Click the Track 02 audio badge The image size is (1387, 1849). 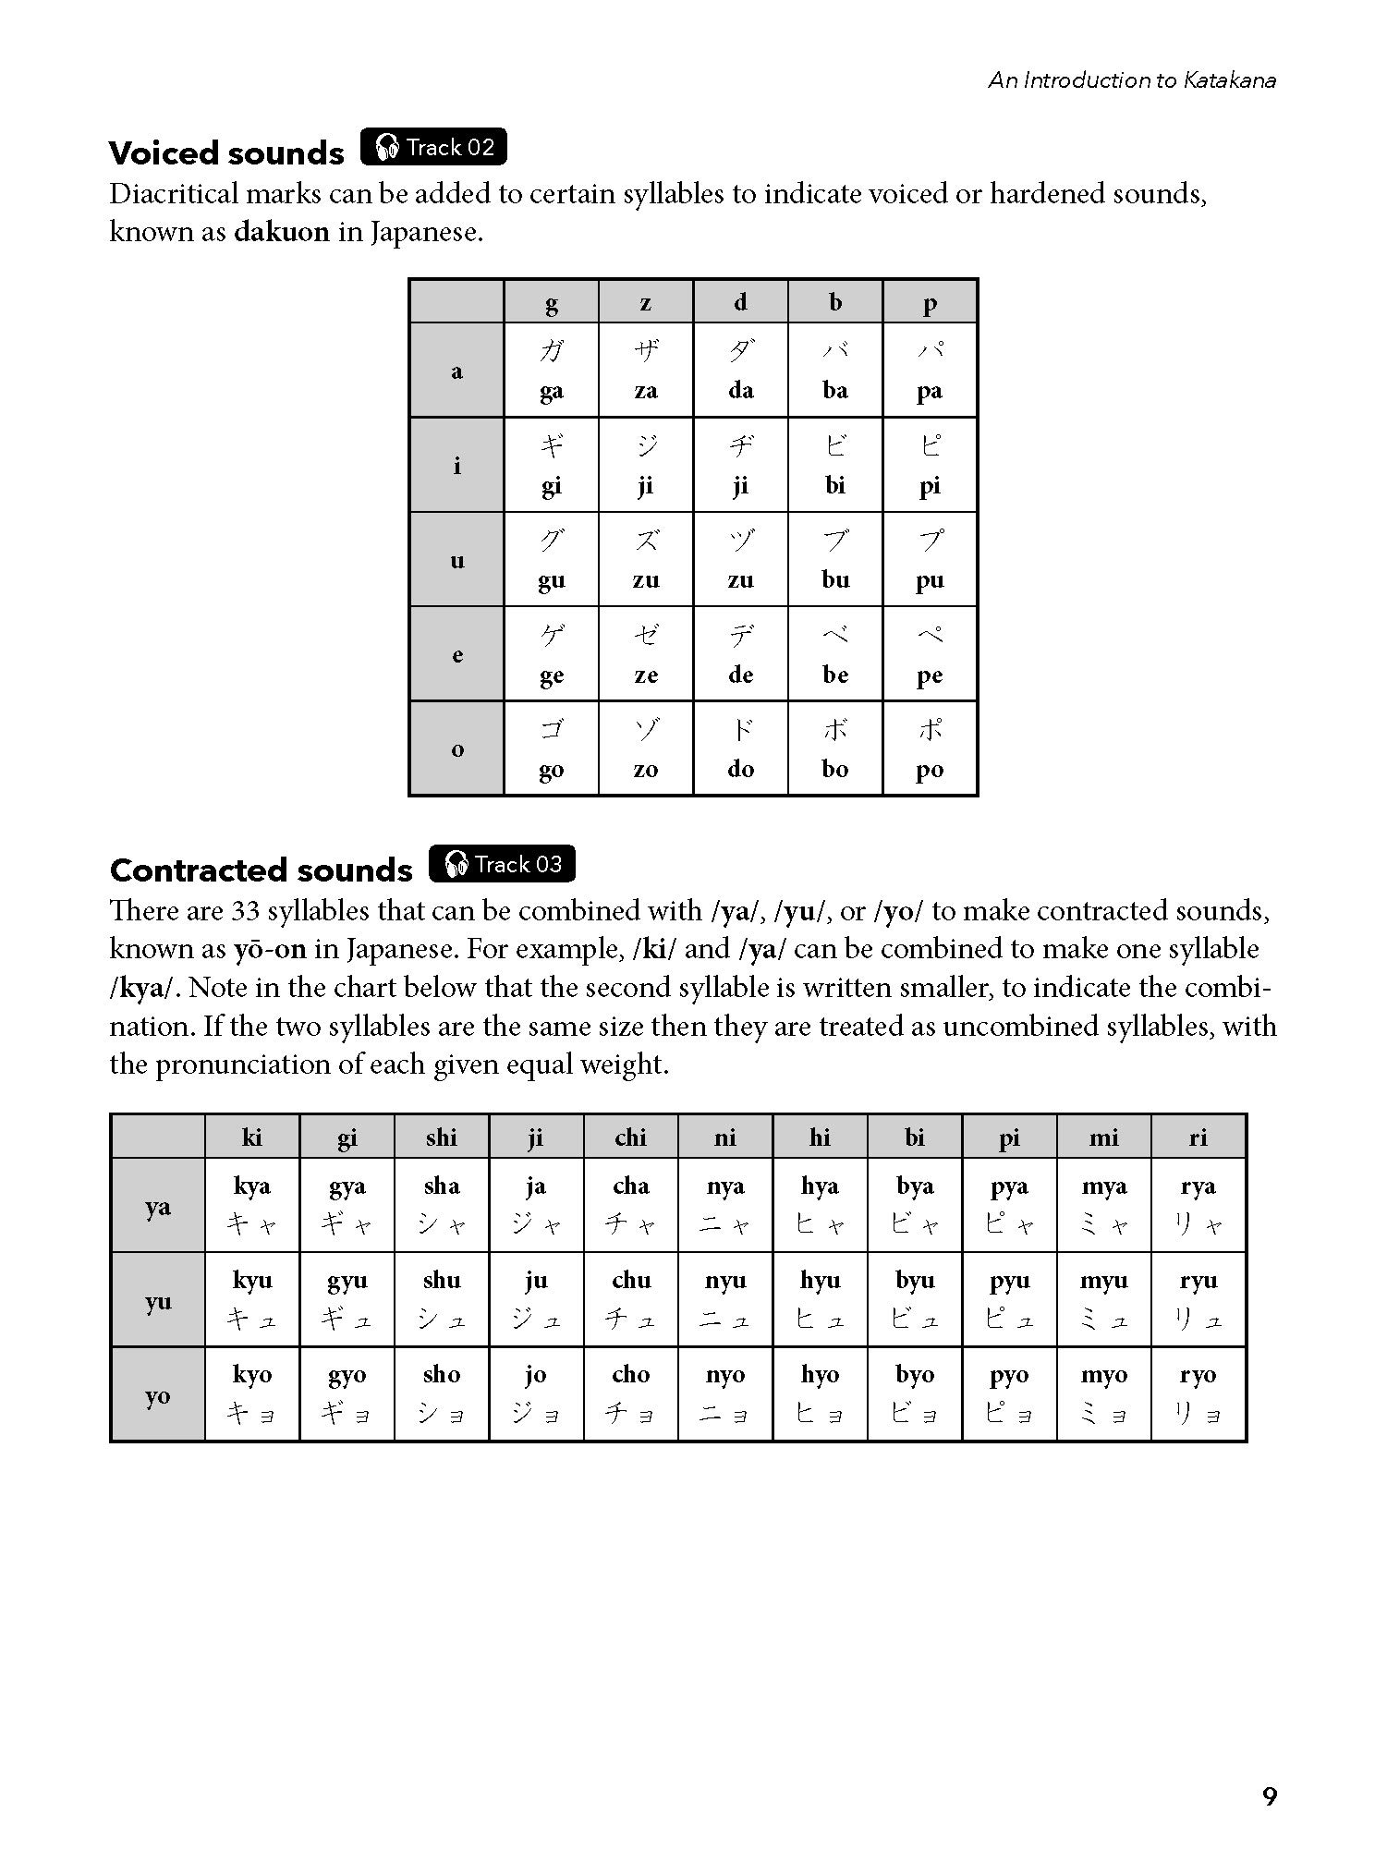[433, 147]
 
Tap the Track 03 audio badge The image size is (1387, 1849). [502, 864]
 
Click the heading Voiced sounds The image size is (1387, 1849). [226, 152]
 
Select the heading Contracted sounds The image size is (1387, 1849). [261, 870]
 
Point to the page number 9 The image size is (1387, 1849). [1269, 1795]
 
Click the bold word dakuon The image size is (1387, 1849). [281, 231]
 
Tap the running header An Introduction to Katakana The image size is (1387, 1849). [1132, 80]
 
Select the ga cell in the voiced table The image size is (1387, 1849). [552, 370]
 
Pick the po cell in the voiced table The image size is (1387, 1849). [930, 748]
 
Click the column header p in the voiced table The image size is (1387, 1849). [930, 302]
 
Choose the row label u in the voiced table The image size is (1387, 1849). [456, 560]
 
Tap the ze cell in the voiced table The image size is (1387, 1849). [646, 654]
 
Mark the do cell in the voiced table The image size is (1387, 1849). [740, 748]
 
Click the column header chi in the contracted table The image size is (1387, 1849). [630, 1137]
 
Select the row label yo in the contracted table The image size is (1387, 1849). [158, 1394]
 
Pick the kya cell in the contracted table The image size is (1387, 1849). [252, 1205]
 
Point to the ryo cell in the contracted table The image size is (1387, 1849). [1198, 1393]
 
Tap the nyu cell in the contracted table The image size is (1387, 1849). [725, 1299]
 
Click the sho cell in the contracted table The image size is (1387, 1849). [442, 1393]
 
